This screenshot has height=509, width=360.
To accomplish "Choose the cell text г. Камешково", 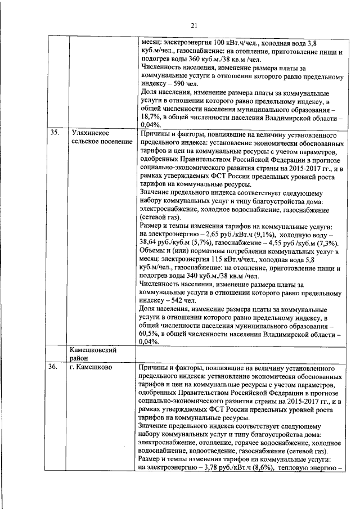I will (x=92, y=367).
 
